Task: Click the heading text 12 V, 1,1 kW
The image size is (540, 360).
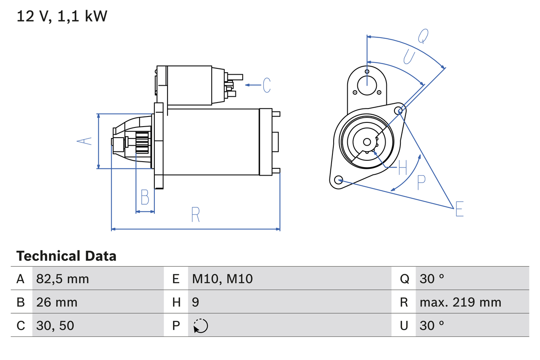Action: coord(62,16)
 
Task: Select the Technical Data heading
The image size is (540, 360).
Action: coord(66,256)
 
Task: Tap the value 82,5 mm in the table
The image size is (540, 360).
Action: coord(62,279)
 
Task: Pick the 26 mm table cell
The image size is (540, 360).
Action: coord(57,302)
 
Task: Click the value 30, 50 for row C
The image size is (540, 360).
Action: coord(55,325)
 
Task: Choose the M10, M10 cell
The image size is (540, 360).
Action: coord(222,279)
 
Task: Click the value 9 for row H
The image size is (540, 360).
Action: coord(196,302)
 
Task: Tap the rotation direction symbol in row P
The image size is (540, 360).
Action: coord(200,326)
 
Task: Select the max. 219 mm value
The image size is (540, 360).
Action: coord(460,302)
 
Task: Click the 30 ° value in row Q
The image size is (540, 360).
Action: coord(432,279)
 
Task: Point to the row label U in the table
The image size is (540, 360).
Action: coord(404,325)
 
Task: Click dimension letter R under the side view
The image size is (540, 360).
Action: coord(195,215)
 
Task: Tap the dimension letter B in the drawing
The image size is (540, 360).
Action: coord(145,197)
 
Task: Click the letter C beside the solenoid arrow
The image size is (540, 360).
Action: coord(267,85)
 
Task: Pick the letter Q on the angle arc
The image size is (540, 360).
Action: coord(423,37)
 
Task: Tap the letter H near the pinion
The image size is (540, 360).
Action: coord(402,168)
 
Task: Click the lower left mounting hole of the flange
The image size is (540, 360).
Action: coord(338,180)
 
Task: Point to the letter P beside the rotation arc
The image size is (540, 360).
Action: coord(421,182)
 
